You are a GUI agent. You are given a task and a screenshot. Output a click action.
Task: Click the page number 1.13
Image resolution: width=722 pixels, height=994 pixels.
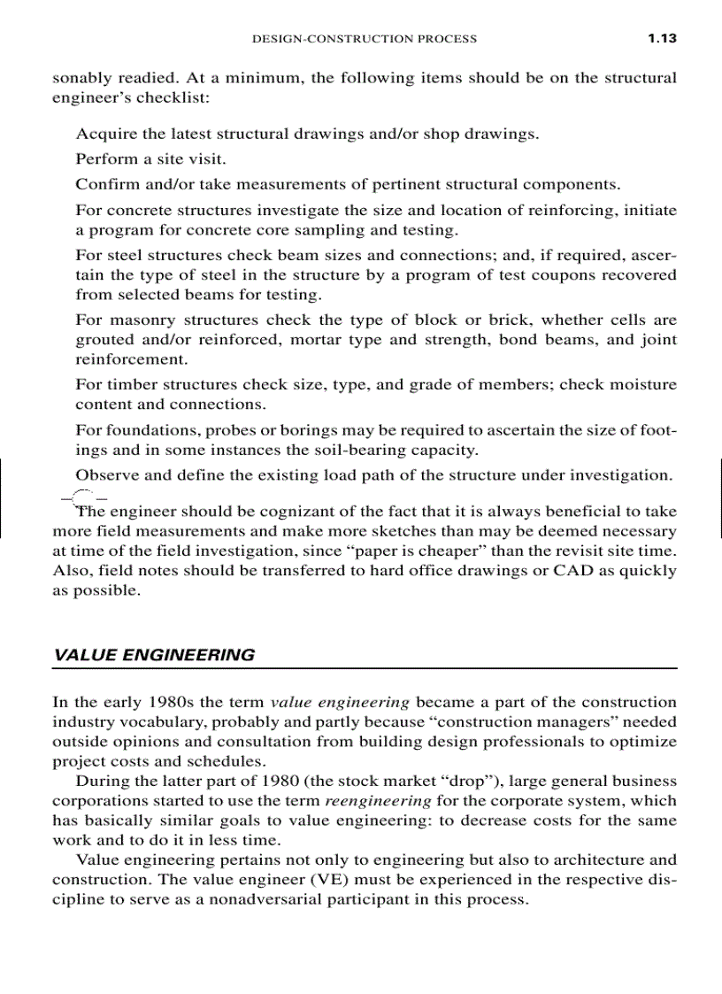tap(661, 38)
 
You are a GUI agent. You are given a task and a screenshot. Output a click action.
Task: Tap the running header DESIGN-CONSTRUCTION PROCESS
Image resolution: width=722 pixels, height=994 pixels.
tap(365, 39)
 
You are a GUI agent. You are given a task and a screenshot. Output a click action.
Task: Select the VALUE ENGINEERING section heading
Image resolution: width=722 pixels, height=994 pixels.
tap(154, 655)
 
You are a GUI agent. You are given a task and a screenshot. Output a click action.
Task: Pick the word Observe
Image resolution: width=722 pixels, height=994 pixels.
tap(107, 474)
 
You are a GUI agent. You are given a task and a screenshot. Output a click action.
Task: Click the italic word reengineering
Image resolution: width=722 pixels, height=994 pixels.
tap(379, 800)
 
